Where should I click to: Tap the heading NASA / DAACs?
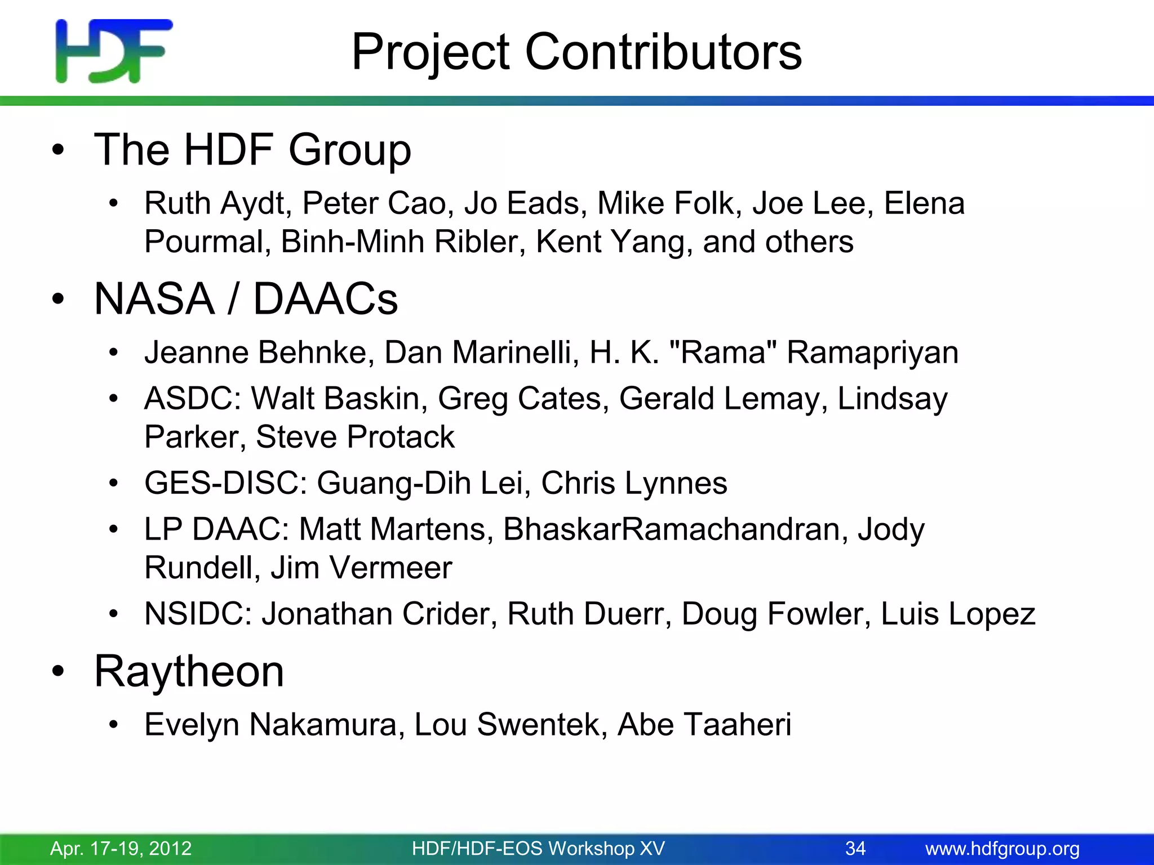click(246, 298)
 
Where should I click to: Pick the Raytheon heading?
click(189, 671)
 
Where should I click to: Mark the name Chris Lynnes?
click(634, 483)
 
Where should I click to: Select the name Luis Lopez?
click(958, 614)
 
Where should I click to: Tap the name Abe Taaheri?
click(704, 725)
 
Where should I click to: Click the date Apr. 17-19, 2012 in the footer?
click(121, 848)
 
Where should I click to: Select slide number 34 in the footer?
click(855, 848)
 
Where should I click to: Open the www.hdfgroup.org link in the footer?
click(1002, 848)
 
